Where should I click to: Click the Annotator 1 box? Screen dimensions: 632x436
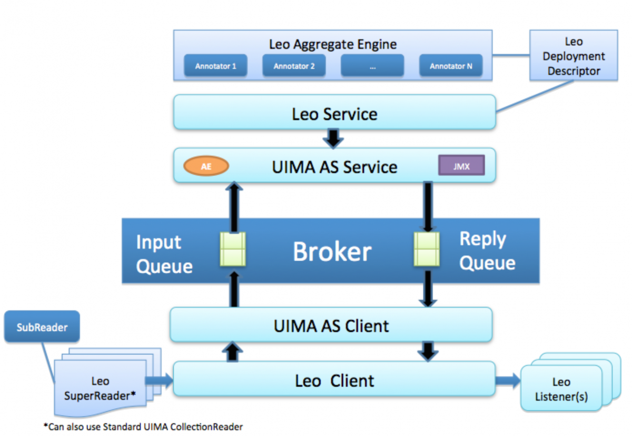click(215, 65)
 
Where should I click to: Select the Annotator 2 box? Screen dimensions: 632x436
click(294, 65)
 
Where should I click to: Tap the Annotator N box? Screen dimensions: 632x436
click(451, 65)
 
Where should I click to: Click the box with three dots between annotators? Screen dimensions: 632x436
click(372, 65)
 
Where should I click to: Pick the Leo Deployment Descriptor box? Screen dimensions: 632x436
click(574, 56)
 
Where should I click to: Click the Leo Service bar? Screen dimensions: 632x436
click(334, 112)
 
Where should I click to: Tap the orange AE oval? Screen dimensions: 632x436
click(206, 166)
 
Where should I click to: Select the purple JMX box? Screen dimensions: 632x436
click(461, 165)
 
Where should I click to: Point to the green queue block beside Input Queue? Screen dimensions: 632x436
click(233, 249)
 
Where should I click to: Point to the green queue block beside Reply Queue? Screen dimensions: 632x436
click(427, 249)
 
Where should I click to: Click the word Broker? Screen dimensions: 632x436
click(332, 252)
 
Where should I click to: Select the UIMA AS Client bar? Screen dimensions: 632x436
click(331, 325)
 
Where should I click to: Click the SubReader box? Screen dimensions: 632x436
click(42, 327)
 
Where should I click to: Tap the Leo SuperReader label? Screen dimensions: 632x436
click(100, 388)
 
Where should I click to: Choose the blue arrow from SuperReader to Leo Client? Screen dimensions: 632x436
click(159, 381)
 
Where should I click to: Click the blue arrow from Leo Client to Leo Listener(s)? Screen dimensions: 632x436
click(508, 381)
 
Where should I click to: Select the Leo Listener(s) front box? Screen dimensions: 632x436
click(561, 388)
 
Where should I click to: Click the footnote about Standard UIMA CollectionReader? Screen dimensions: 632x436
click(143, 427)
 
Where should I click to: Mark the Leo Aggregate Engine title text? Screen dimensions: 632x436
click(333, 44)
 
